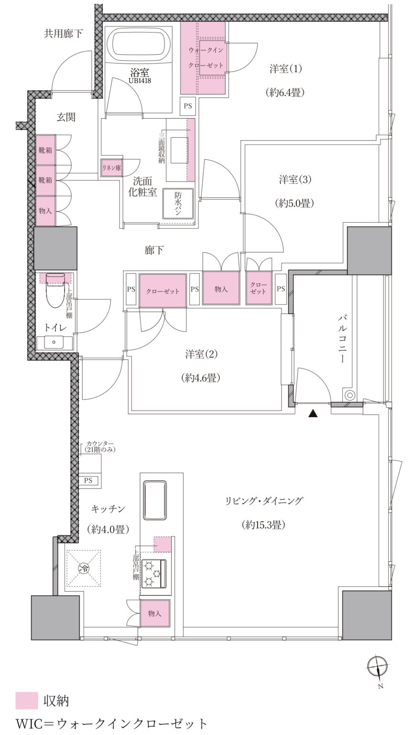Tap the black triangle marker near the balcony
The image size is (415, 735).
313,414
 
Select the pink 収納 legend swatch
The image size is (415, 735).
26,701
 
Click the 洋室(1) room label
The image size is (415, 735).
285,69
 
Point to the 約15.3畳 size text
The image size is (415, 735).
263,525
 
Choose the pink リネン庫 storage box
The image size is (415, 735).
111,168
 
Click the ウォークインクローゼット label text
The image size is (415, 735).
206,58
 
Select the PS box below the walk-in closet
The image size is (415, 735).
188,106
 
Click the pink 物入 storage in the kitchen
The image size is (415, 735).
155,613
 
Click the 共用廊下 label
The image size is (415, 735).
64,33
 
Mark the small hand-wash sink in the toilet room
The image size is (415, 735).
54,343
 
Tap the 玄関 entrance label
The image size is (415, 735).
66,117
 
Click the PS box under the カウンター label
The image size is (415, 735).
88,480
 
